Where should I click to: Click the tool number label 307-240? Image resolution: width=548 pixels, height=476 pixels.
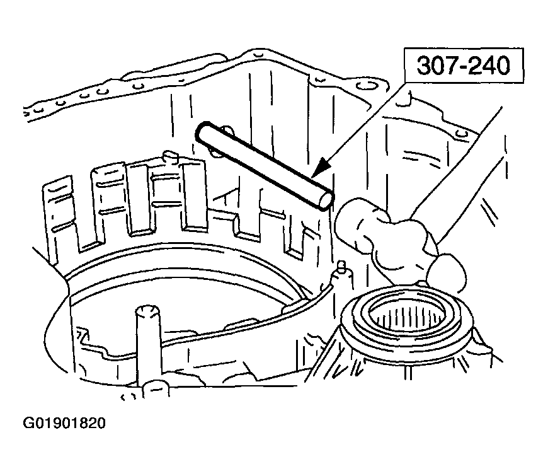coord(464,66)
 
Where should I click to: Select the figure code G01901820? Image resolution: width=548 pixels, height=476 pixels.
coord(64,424)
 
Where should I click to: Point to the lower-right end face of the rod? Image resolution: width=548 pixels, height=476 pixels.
coord(326,200)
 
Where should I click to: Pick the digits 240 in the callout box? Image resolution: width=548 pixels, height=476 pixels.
coord(490,66)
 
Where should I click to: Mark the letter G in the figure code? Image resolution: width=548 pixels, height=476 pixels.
coord(28,424)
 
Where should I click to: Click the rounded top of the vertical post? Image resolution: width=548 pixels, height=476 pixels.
coord(148,311)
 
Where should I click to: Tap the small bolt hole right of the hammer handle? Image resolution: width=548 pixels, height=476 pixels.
coord(462,133)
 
